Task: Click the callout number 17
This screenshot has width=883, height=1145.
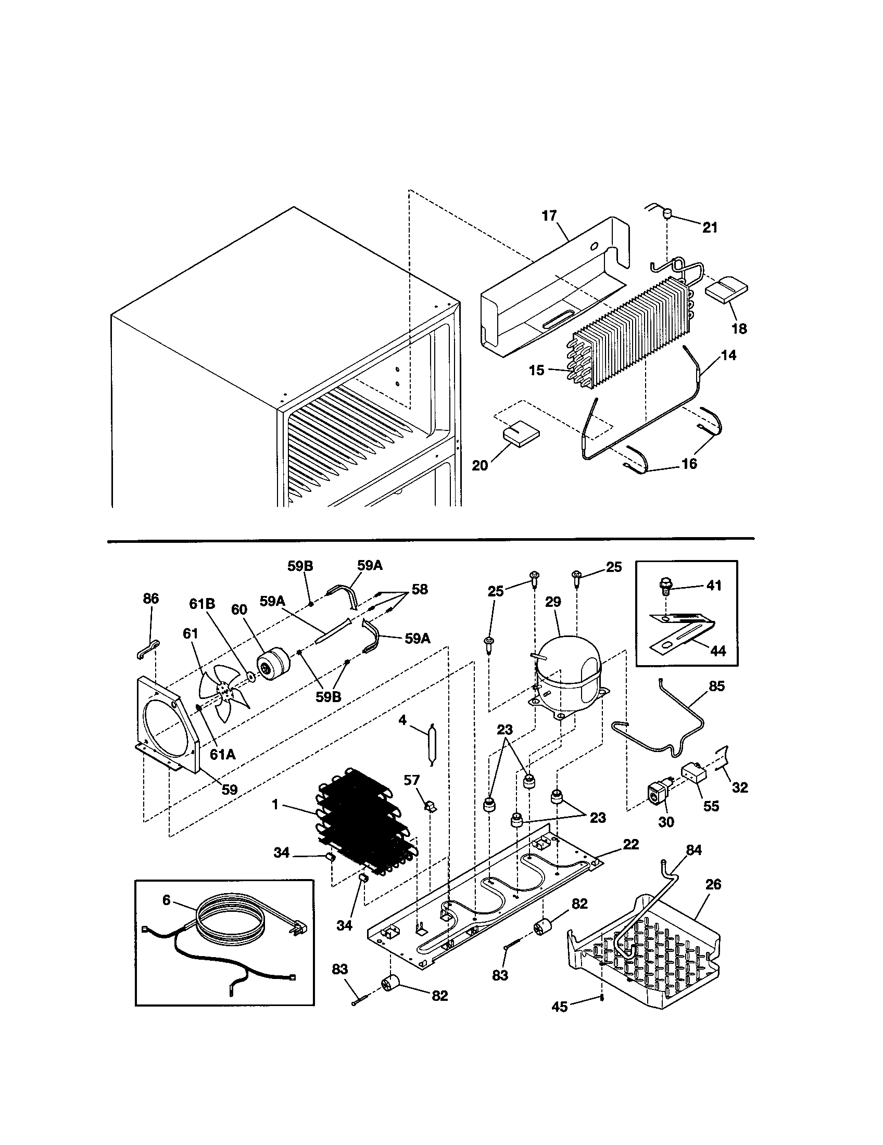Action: pos(549,216)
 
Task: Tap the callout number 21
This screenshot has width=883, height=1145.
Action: pos(710,227)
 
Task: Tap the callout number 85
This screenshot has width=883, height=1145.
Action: pos(716,686)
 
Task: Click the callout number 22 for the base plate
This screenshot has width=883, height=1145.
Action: pos(631,844)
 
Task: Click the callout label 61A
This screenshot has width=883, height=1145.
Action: pos(222,755)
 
